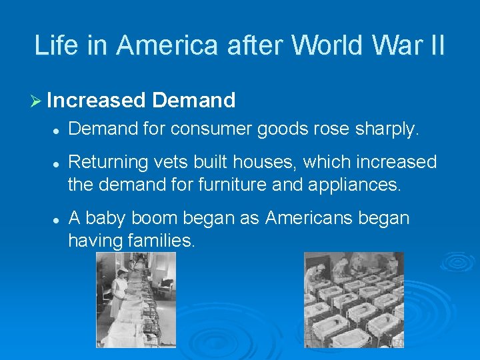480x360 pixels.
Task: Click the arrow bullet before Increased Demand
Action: (x=37, y=101)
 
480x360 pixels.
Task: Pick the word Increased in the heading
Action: (x=97, y=101)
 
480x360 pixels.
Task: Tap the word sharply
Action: (x=386, y=129)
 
